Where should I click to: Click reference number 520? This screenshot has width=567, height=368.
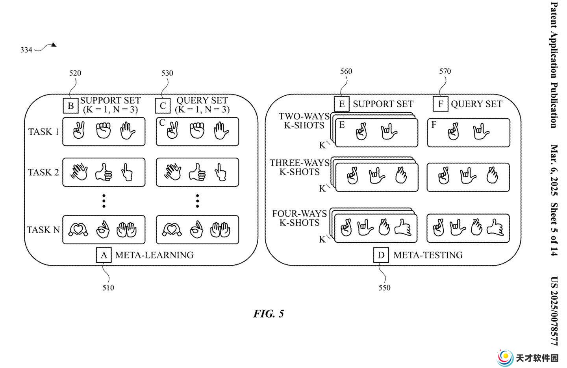pyautogui.click(x=75, y=73)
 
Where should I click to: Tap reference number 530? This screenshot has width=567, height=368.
pyautogui.click(x=167, y=73)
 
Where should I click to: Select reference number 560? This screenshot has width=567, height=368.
pyautogui.click(x=346, y=71)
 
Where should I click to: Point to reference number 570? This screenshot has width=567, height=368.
pyautogui.click(x=445, y=71)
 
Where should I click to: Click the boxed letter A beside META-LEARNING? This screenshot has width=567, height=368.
pyautogui.click(x=104, y=255)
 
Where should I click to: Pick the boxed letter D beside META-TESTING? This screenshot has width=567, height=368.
pyautogui.click(x=381, y=255)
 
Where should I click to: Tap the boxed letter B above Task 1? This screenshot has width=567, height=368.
pyautogui.click(x=70, y=106)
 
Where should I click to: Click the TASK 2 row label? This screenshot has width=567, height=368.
pyautogui.click(x=43, y=173)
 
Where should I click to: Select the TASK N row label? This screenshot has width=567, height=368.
pyautogui.click(x=43, y=230)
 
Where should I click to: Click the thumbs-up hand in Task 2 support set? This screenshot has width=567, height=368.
pyautogui.click(x=104, y=172)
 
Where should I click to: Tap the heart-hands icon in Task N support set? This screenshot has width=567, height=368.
pyautogui.click(x=78, y=229)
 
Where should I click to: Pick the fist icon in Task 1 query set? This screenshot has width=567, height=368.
pyautogui.click(x=197, y=130)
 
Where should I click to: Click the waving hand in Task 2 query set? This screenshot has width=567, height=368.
pyautogui.click(x=172, y=172)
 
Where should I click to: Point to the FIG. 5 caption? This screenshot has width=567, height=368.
pyautogui.click(x=269, y=314)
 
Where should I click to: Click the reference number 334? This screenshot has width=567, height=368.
pyautogui.click(x=26, y=50)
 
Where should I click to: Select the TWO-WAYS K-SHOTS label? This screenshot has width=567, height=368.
pyautogui.click(x=304, y=121)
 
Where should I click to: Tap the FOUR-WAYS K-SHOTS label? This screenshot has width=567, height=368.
pyautogui.click(x=299, y=218)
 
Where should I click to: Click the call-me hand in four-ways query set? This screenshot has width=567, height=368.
pyautogui.click(x=495, y=228)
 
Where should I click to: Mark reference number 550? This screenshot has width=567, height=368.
pyautogui.click(x=384, y=288)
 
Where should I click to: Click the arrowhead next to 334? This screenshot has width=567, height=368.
pyautogui.click(x=54, y=45)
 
